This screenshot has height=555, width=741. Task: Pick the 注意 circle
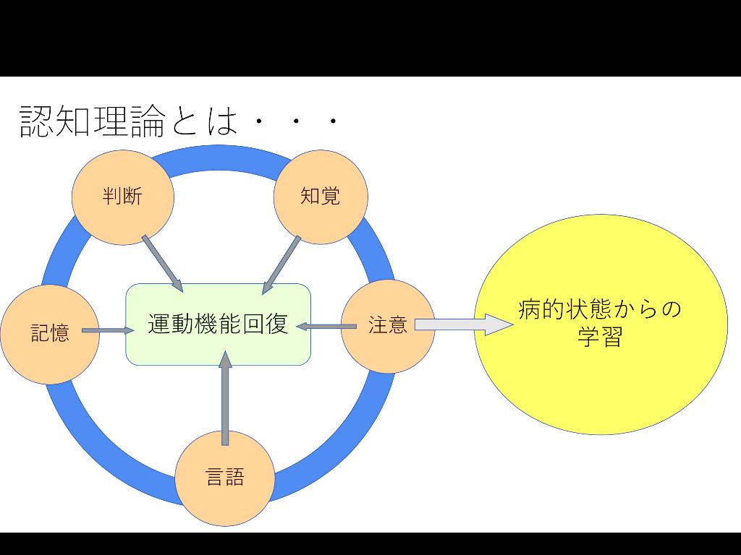(388, 326)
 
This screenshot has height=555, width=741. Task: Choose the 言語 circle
(225, 478)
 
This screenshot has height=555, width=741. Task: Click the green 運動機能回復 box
(218, 344)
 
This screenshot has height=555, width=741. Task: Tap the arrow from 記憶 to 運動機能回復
(108, 331)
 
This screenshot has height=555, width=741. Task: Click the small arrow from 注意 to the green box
(326, 327)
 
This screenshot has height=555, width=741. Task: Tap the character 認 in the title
(36, 121)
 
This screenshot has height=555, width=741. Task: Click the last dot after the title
(334, 123)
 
